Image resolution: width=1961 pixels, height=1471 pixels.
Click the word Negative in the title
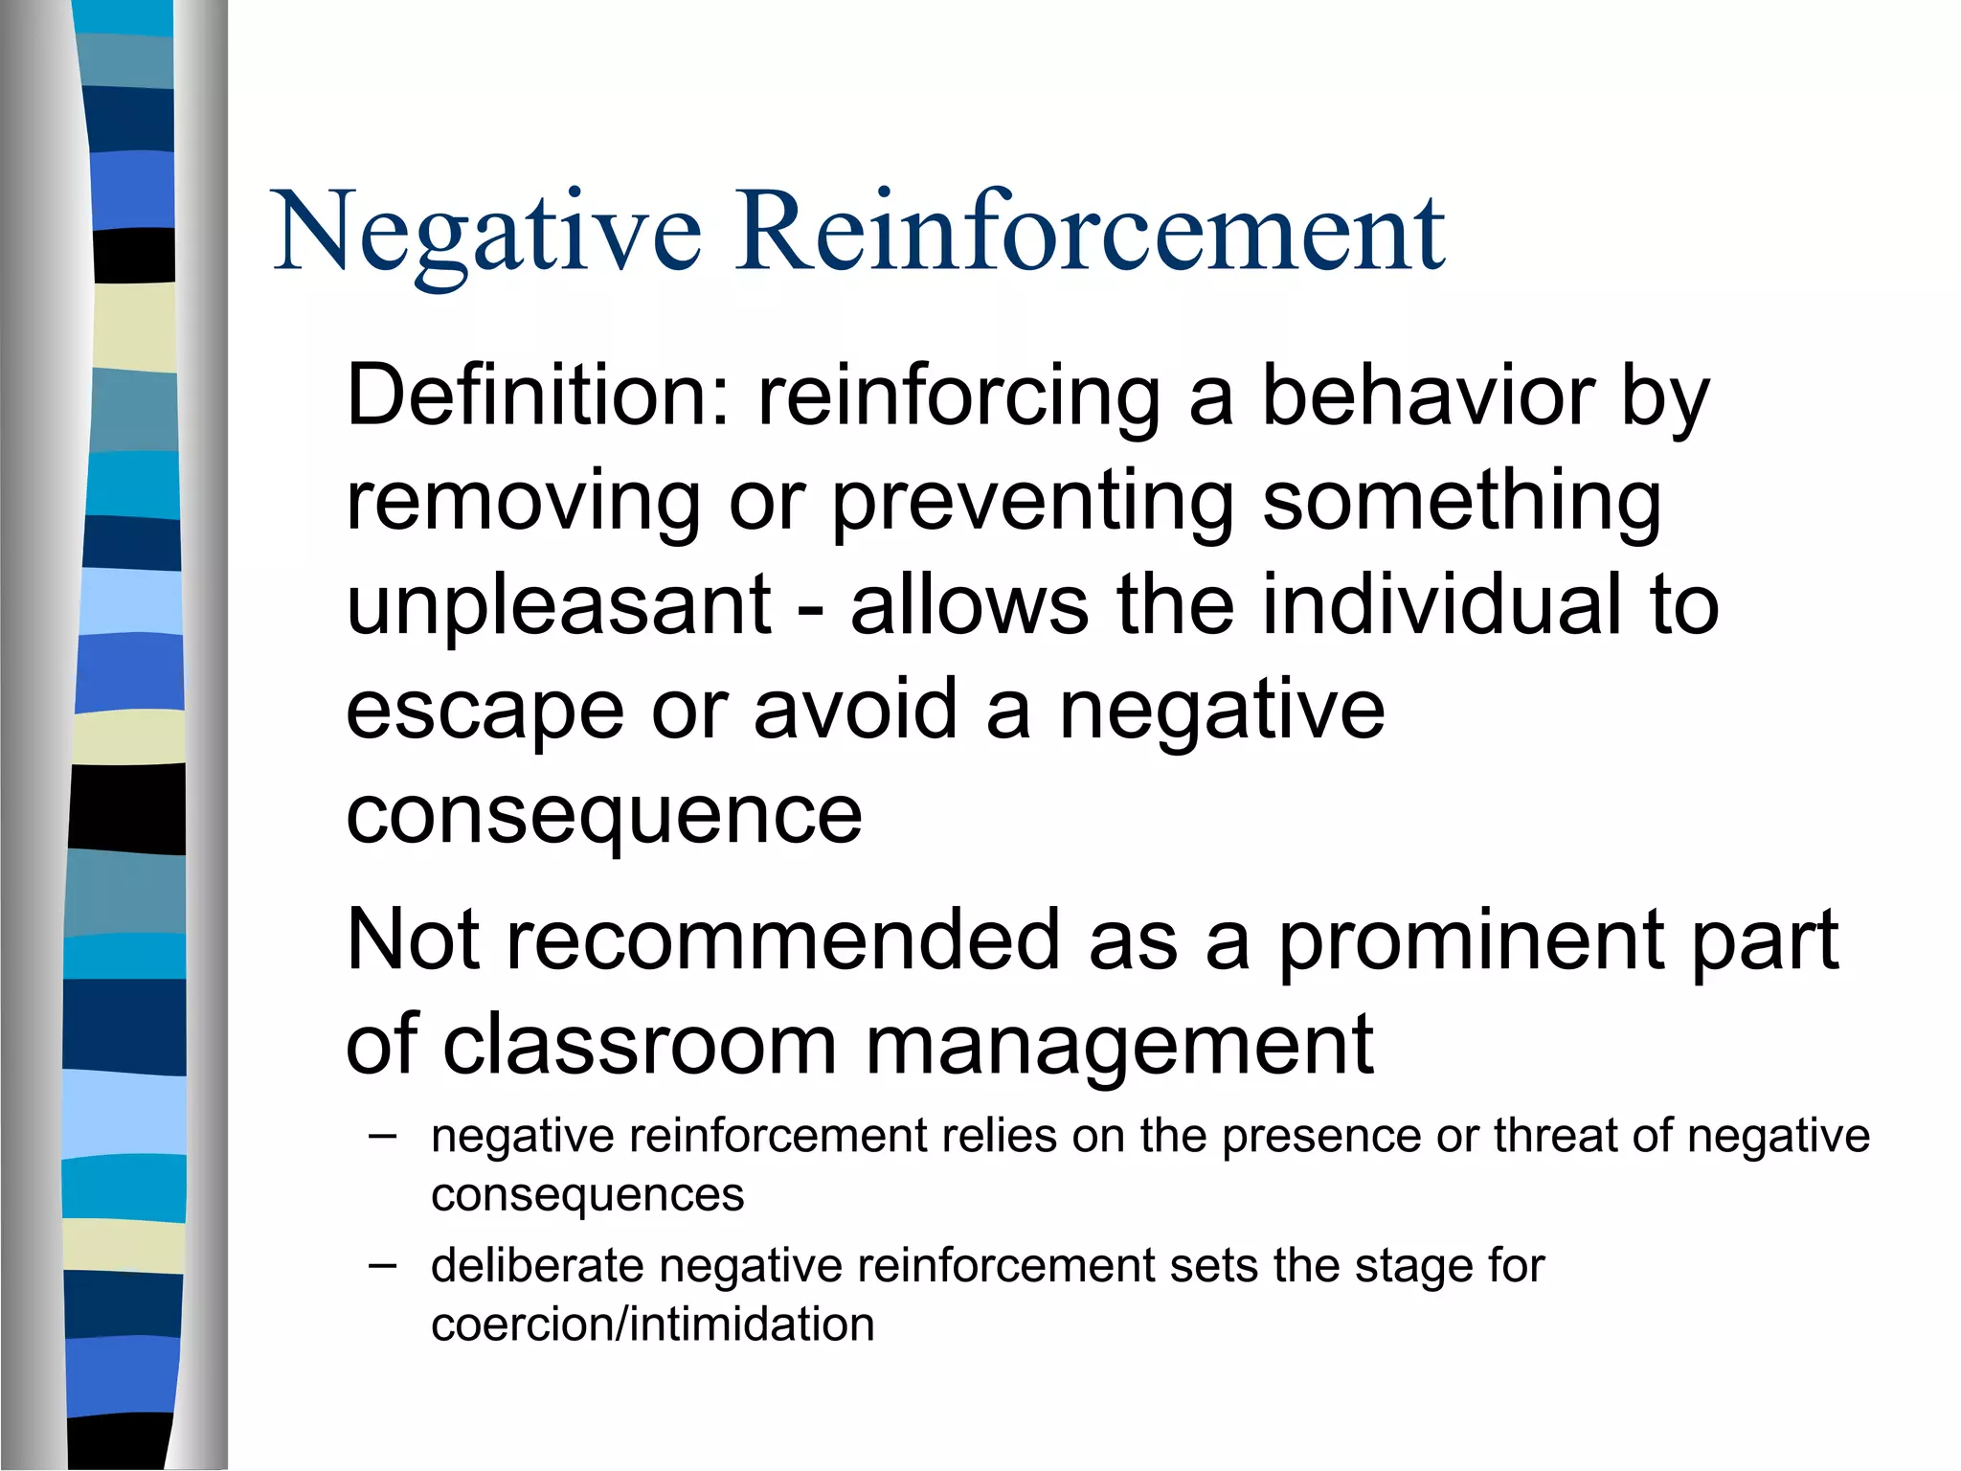[x=487, y=233]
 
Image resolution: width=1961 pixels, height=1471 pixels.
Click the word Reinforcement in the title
[x=1091, y=233]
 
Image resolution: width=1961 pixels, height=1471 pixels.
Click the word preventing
[x=1032, y=502]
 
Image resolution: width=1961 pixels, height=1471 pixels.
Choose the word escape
[x=485, y=711]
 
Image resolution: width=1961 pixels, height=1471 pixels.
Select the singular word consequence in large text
[x=604, y=816]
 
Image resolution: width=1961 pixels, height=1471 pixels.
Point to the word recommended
[x=782, y=940]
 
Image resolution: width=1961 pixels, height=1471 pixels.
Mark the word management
[x=1119, y=1047]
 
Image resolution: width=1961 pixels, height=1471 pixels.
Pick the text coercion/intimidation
[x=652, y=1324]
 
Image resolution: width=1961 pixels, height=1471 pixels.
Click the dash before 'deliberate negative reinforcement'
[x=382, y=1265]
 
